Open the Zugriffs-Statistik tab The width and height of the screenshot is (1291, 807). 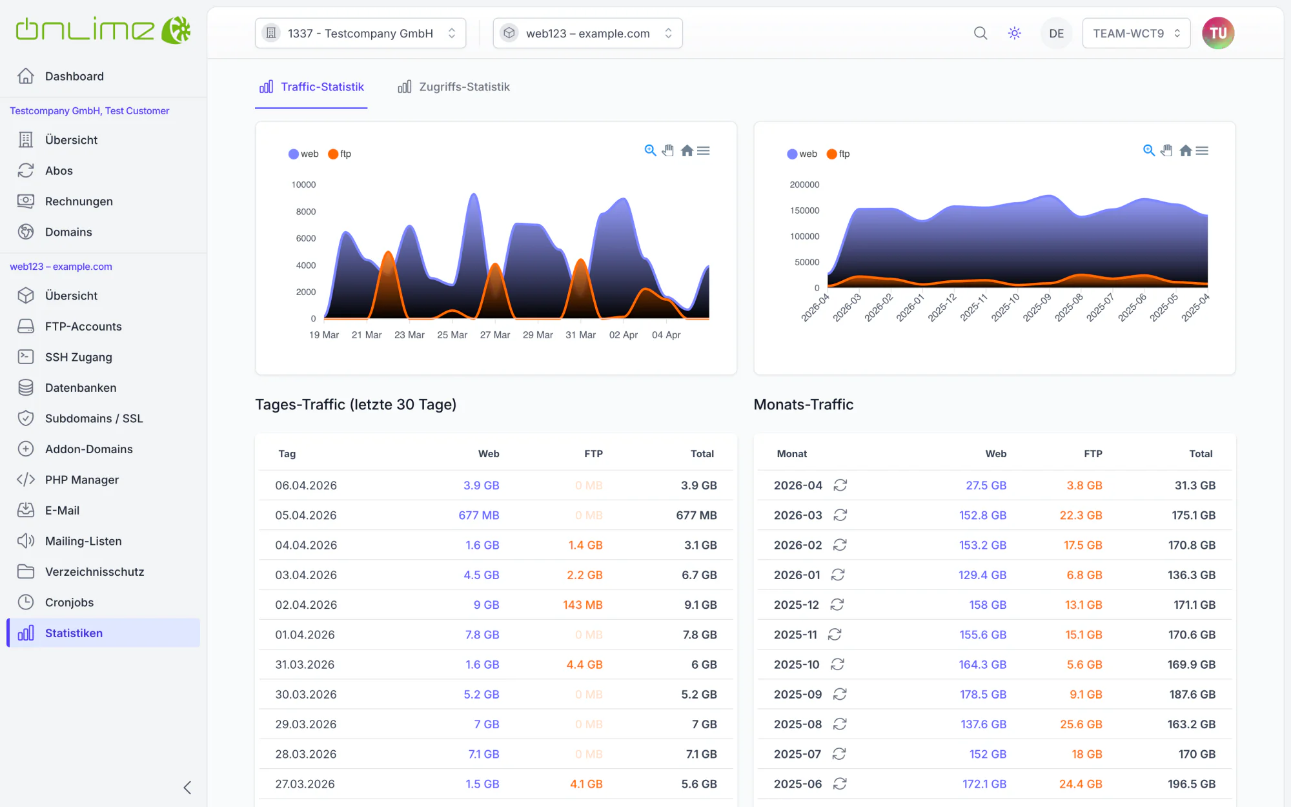pyautogui.click(x=454, y=87)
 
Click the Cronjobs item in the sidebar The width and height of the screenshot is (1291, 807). pyautogui.click(x=69, y=602)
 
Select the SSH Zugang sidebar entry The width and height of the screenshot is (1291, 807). pyautogui.click(x=78, y=357)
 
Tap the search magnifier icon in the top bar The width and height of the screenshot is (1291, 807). pyautogui.click(x=981, y=33)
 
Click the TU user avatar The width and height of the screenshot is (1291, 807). pyautogui.click(x=1218, y=33)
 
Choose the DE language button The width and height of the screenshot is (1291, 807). pyautogui.click(x=1057, y=34)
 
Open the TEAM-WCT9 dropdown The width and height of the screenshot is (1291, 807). pyautogui.click(x=1136, y=34)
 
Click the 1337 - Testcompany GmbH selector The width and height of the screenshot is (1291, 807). pyautogui.click(x=360, y=34)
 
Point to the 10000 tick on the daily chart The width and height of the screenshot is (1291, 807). pyautogui.click(x=303, y=185)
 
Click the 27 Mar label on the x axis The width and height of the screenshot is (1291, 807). pyautogui.click(x=495, y=335)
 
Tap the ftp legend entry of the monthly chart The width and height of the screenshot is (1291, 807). pyautogui.click(x=839, y=154)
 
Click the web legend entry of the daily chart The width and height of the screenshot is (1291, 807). pyautogui.click(x=303, y=154)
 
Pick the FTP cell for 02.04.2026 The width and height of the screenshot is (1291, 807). pyautogui.click(x=582, y=605)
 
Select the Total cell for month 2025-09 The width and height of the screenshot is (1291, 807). pyautogui.click(x=1192, y=695)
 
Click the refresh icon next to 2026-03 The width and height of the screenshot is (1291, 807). pyautogui.click(x=840, y=515)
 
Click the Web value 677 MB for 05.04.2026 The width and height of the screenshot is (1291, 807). pyautogui.click(x=479, y=515)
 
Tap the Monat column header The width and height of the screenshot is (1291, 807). pyautogui.click(x=792, y=454)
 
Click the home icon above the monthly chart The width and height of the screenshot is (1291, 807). pyautogui.click(x=1186, y=150)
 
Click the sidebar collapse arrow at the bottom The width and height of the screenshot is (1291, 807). pyautogui.click(x=187, y=788)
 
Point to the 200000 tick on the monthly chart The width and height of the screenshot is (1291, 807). pyautogui.click(x=804, y=185)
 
